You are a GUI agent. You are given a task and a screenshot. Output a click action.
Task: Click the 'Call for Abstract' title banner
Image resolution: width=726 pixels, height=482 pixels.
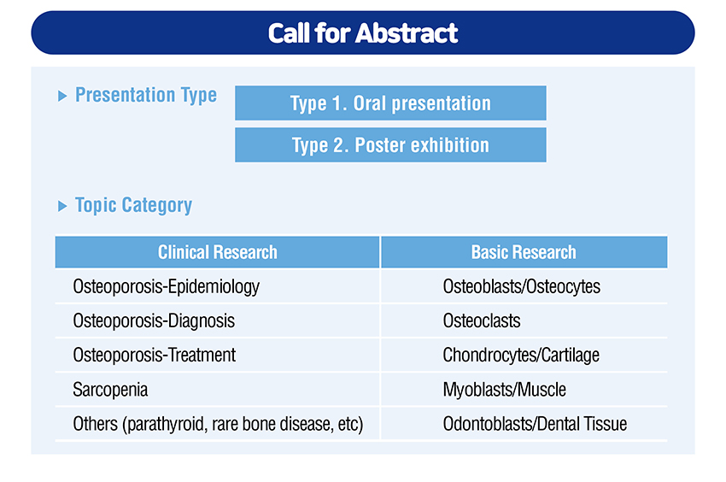(x=363, y=33)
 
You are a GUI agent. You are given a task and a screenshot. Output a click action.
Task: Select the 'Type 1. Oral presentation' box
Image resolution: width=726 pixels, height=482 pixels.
(x=390, y=103)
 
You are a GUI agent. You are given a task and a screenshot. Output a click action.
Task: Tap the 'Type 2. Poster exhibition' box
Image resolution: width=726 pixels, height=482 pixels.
(x=390, y=145)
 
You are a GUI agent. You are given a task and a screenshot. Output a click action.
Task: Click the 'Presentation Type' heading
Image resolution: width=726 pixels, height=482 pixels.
(x=146, y=96)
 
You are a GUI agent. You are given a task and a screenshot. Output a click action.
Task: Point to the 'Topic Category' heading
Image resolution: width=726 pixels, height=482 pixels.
(x=133, y=205)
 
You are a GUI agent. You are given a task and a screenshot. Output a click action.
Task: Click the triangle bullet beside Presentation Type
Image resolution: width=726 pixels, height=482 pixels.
(x=62, y=96)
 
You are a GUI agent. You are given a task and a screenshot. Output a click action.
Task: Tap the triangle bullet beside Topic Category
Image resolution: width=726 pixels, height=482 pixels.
(x=62, y=206)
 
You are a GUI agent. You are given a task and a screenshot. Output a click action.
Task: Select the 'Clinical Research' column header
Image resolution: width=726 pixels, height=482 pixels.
(x=217, y=252)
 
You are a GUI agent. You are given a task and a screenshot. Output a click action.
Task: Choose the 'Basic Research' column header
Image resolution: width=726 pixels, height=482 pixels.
(x=524, y=252)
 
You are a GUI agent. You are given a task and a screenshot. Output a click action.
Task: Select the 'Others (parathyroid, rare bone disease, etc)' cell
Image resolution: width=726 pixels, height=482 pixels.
(x=218, y=424)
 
